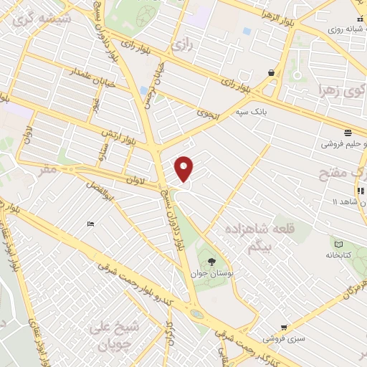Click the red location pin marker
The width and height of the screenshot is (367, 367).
tap(184, 168)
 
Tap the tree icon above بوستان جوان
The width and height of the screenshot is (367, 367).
tap(211, 262)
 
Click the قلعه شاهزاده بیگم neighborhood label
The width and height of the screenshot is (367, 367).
tap(251, 239)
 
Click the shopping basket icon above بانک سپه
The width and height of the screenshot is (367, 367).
tap(271, 72)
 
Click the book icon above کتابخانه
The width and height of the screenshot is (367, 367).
tap(337, 242)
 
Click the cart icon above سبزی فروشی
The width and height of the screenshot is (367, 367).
tap(284, 327)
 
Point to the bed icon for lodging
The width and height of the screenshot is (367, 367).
tap(90, 224)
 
